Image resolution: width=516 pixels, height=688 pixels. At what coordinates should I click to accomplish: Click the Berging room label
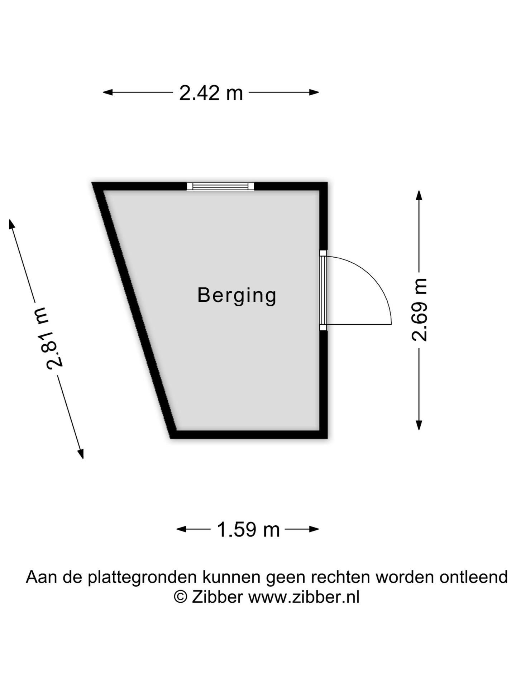pyautogui.click(x=237, y=296)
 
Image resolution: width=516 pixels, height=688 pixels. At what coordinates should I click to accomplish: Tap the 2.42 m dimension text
pyautogui.click(x=211, y=93)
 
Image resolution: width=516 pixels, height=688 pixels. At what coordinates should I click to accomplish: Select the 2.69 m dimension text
pyautogui.click(x=419, y=310)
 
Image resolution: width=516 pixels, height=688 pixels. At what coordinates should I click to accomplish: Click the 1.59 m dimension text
pyautogui.click(x=248, y=530)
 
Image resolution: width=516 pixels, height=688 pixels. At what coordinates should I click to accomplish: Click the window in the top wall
pyautogui.click(x=220, y=186)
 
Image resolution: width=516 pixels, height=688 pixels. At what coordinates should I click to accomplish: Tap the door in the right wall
pyautogui.click(x=323, y=290)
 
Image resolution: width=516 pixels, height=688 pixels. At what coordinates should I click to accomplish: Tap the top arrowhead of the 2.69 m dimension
pyautogui.click(x=419, y=195)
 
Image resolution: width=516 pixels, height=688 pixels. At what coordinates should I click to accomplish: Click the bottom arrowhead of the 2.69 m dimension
pyautogui.click(x=419, y=425)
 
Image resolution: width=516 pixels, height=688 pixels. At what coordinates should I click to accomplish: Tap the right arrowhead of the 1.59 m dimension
pyautogui.click(x=314, y=529)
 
